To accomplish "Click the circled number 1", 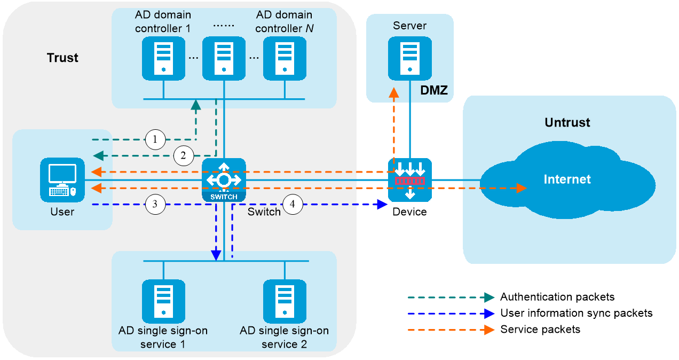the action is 155,139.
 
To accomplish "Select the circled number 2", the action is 184,155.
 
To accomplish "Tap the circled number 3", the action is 155,204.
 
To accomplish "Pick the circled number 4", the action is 293,204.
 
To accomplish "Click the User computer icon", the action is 62,180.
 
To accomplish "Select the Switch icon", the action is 224,180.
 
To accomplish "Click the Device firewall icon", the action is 410,180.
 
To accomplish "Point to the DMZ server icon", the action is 410,59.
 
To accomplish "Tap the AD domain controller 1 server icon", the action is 163,59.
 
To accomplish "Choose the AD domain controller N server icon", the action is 285,59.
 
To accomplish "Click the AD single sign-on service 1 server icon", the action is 163,301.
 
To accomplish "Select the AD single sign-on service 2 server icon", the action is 285,301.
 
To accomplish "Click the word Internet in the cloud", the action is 567,179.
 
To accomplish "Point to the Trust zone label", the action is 62,58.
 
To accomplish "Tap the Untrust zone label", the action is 567,122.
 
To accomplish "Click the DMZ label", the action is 434,90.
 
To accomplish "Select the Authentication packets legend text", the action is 557,297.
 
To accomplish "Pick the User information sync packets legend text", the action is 576,313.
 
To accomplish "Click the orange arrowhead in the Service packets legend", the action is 489,330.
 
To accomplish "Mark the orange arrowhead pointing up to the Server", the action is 394,92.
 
